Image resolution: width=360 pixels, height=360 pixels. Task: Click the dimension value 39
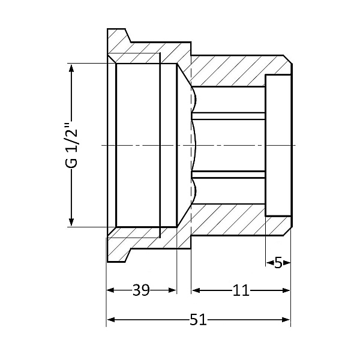(141, 290)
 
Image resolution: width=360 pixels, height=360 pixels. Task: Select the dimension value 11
(241, 290)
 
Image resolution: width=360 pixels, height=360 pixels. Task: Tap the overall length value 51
(198, 320)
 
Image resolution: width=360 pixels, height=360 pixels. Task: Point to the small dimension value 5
(278, 263)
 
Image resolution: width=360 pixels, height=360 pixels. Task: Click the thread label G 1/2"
(71, 146)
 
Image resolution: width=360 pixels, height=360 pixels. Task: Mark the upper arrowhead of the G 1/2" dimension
(71, 68)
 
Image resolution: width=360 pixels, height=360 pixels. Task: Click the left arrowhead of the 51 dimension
(110, 320)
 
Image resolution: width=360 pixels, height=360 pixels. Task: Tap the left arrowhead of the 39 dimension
(110, 290)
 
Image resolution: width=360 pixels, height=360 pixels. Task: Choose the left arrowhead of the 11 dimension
(194, 290)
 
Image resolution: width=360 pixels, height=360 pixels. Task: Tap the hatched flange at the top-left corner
(120, 42)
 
